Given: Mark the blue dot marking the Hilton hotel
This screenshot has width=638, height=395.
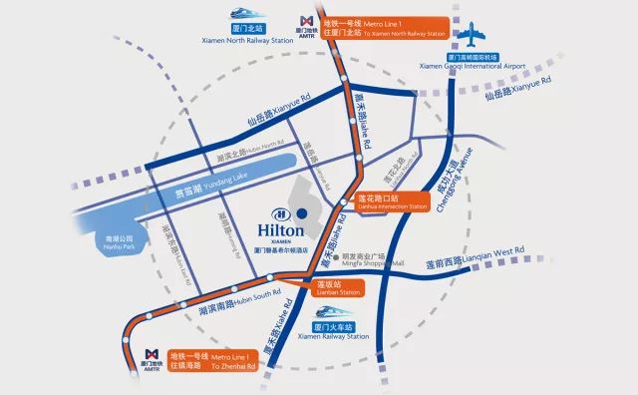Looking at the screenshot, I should point(299,213).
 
